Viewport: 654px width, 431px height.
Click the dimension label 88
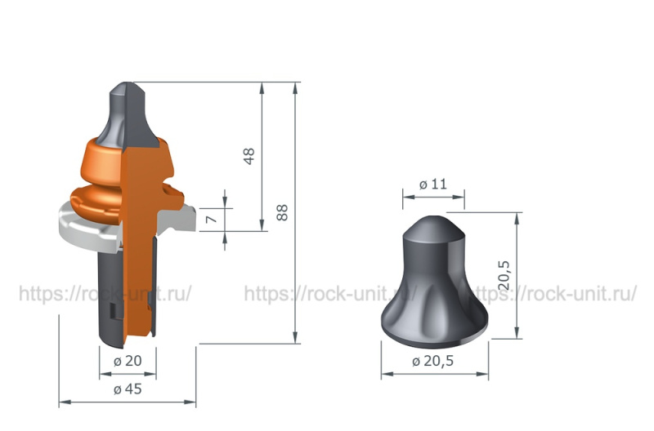tap(282, 212)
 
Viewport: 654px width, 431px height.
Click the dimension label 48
tap(249, 156)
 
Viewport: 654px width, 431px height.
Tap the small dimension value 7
tap(212, 219)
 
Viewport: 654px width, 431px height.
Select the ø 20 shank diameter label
tap(128, 361)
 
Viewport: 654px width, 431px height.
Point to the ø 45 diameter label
tap(128, 389)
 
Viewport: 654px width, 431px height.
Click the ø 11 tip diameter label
tap(433, 184)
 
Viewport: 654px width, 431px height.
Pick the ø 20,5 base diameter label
tap(432, 361)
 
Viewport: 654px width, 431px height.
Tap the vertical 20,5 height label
tap(504, 276)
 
